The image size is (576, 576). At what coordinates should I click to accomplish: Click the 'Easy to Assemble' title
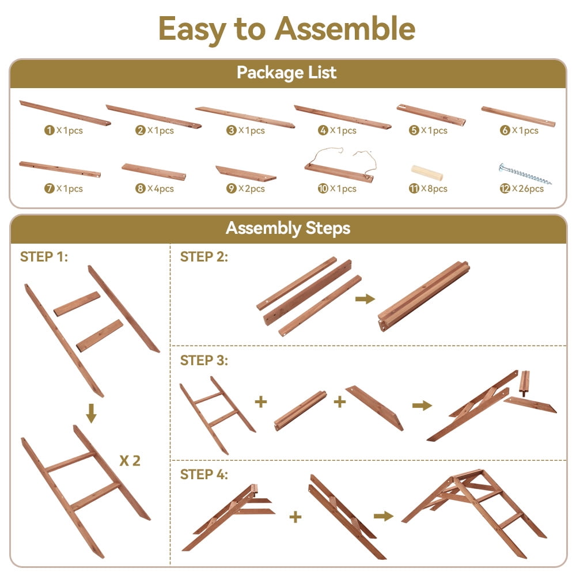287,29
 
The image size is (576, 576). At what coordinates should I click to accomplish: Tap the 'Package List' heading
286,73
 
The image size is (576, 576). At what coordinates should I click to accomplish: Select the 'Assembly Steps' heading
288,228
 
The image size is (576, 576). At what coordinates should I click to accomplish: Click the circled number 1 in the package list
49,130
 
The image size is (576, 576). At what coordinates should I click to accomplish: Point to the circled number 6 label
505,130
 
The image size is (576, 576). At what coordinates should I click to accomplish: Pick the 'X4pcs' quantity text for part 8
161,189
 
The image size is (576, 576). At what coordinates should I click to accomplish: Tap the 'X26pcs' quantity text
528,189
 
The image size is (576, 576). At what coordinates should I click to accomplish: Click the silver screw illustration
525,173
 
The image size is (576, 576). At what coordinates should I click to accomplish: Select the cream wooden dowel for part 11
426,173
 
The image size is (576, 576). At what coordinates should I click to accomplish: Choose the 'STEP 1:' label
44,257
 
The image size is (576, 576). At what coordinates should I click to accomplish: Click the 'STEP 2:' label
204,257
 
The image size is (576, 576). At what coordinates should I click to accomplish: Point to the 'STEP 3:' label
204,361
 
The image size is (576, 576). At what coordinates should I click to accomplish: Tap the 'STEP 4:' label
204,474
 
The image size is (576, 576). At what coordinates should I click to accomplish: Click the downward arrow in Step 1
92,413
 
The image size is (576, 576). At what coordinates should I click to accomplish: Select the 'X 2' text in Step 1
130,461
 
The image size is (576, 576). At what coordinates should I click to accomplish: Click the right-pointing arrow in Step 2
365,298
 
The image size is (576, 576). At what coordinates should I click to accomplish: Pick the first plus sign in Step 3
261,401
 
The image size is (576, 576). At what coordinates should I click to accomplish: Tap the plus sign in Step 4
295,517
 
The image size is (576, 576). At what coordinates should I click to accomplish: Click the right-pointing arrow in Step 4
384,516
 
